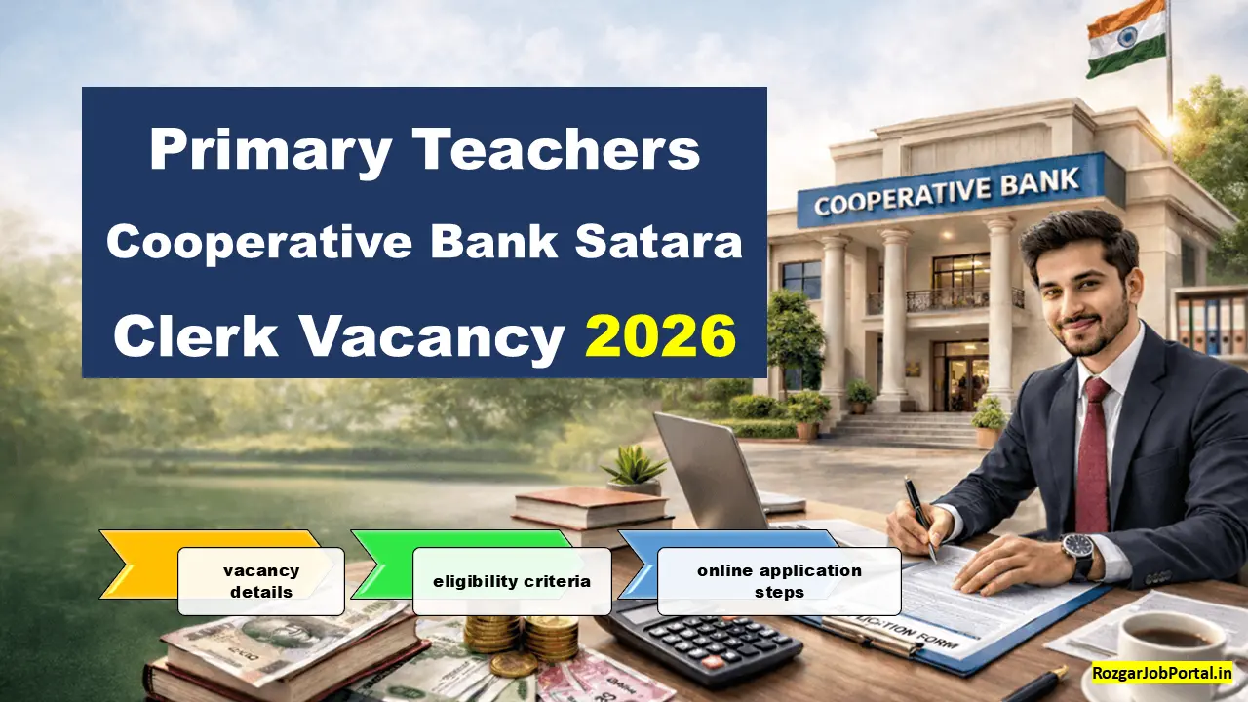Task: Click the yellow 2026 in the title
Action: click(660, 336)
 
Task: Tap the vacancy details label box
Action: click(260, 581)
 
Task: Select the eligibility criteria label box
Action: click(512, 581)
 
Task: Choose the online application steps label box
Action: click(779, 581)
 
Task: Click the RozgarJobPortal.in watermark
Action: click(1162, 672)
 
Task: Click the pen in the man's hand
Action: click(919, 517)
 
